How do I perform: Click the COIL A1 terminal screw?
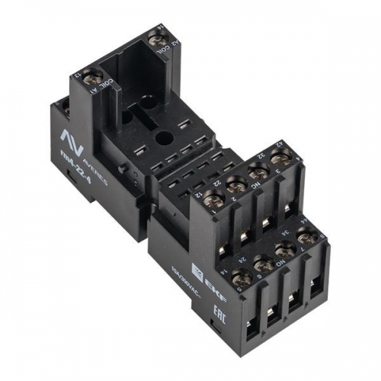[x=98, y=76]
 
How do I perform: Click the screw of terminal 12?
[x=215, y=200]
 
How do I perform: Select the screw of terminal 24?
[x=263, y=265]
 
